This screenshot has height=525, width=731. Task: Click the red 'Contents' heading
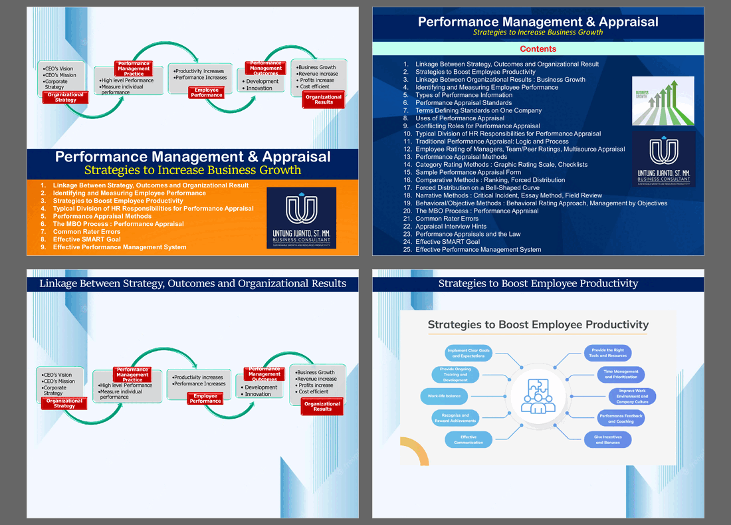538,49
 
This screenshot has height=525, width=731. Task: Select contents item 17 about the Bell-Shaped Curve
477,188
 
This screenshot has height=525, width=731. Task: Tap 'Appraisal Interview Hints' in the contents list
459,227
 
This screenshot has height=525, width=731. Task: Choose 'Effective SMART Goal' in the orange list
87,239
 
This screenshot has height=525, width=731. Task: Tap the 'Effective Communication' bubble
469,439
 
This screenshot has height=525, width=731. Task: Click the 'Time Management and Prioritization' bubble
621,374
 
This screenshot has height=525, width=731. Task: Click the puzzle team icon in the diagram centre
538,396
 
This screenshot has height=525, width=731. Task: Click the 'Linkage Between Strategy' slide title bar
193,284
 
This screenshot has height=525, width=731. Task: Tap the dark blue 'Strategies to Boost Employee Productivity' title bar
538,284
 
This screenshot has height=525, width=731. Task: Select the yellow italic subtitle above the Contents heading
538,33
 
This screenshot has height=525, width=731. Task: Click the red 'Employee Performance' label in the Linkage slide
205,399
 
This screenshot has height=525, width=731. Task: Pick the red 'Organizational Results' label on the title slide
324,100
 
